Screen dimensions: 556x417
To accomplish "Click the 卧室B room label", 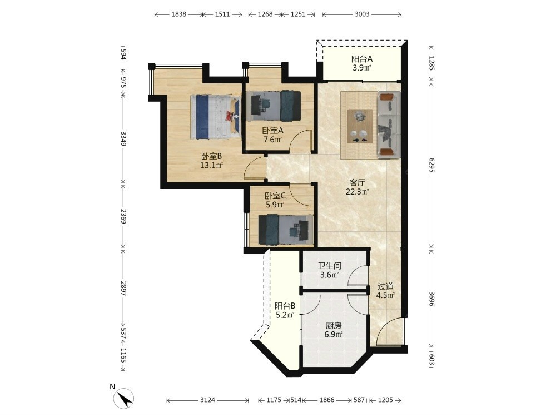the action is [x=212, y=156].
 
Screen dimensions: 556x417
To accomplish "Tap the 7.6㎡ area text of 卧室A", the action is [x=272, y=140].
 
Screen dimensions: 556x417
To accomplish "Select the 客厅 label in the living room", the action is [x=357, y=183].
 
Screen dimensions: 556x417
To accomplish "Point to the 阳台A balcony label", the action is [x=362, y=59].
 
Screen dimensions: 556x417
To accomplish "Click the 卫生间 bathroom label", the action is [x=329, y=266].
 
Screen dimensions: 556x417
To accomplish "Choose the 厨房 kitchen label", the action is [x=333, y=325].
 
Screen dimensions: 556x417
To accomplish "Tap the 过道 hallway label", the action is [x=385, y=286].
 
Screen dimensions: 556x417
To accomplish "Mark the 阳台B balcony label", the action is [x=285, y=306].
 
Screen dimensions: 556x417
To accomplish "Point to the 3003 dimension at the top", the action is [x=362, y=14].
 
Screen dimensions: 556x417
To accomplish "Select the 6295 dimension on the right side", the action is [x=431, y=165].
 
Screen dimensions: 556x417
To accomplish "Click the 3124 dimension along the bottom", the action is [x=207, y=400].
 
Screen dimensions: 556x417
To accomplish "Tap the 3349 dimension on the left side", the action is [x=123, y=138].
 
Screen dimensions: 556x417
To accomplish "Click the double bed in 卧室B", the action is [x=215, y=117].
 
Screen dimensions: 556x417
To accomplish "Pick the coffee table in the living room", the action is [x=360, y=126].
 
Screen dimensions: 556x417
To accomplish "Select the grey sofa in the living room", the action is [x=389, y=125].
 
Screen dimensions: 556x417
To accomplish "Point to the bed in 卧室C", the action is [x=286, y=230].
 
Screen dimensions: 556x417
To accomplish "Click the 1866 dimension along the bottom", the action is [x=327, y=400].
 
